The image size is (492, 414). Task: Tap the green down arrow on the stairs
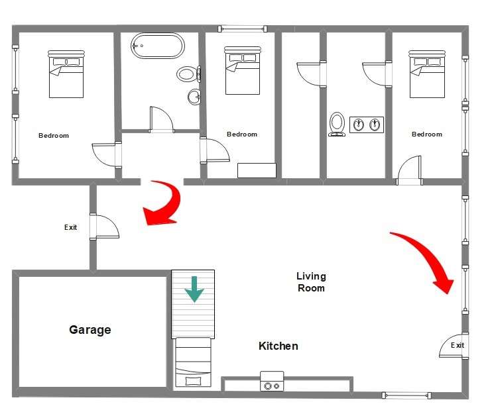coord(194,289)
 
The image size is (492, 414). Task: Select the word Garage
coord(90,329)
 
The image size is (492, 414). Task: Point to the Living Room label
coord(311,282)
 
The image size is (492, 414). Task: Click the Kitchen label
coord(278,346)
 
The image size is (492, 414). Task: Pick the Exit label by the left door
coord(70,227)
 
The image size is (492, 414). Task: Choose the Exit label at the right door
coord(458,345)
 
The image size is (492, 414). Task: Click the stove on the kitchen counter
coord(271,383)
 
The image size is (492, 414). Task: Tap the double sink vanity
coord(367,124)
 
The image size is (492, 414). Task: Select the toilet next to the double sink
coord(337,124)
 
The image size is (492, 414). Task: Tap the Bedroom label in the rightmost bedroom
coord(426,134)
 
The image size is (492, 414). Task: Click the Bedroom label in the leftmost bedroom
coord(54,136)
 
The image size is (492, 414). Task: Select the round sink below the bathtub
coord(194,97)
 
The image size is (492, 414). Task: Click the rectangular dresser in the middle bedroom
coord(257,170)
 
